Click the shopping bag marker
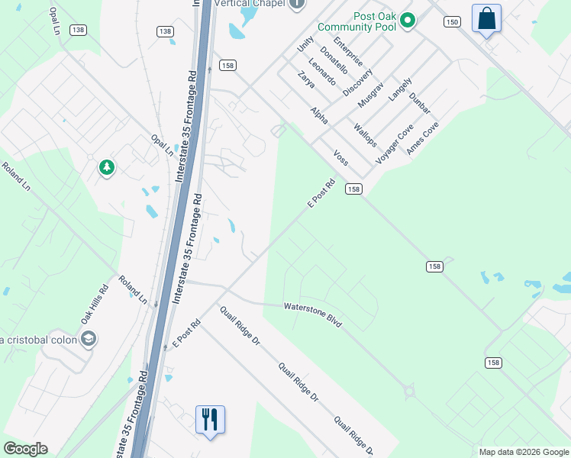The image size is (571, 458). pos(486,18)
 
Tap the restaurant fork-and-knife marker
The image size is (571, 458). pos(210,420)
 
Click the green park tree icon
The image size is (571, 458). pos(107,167)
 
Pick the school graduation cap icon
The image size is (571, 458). pos(89,339)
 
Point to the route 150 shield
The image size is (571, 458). pos(453,22)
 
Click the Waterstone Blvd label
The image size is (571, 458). pos(313,314)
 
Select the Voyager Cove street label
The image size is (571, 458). pos(395,144)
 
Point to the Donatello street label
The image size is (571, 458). pos(334,60)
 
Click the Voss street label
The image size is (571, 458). pos(340,157)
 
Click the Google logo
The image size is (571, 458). pos(25,449)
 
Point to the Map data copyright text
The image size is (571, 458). pos(524,452)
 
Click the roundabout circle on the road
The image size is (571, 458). pos(410,393)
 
